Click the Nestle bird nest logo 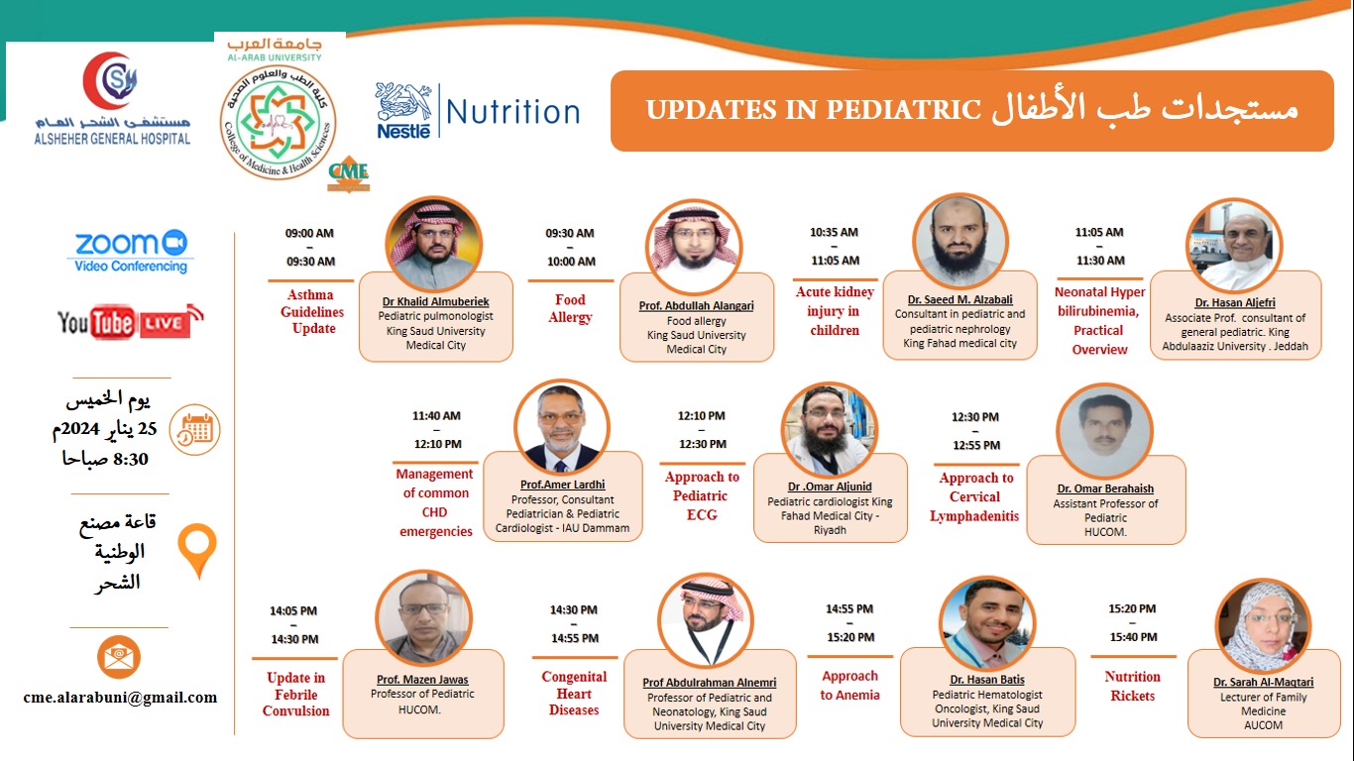click(403, 111)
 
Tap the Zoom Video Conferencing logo click(131, 252)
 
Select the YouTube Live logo click(131, 322)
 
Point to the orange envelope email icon click(119, 657)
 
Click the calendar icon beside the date click(194, 430)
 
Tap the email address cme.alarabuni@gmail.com click(120, 697)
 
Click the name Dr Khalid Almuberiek click(435, 301)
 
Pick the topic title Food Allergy click(570, 308)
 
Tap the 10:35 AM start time click(834, 232)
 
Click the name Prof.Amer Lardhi click(562, 485)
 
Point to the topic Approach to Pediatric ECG click(702, 495)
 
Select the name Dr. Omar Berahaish click(1105, 489)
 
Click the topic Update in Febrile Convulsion click(296, 694)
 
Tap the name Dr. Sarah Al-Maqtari click(1264, 682)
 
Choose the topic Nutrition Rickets click(1133, 686)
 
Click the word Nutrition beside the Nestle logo click(512, 112)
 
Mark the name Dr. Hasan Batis click(987, 680)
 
